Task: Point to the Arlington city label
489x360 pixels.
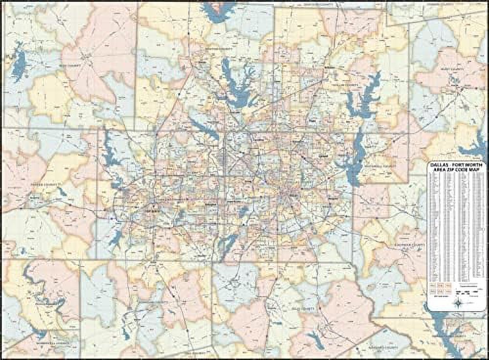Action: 211,203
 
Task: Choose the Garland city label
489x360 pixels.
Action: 323,156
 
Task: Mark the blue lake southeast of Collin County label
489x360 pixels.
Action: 364,98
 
